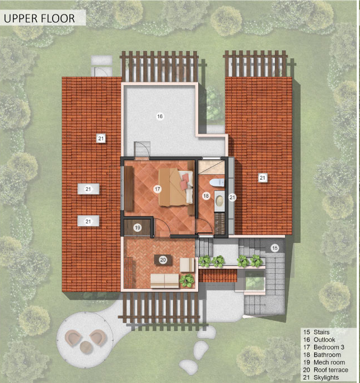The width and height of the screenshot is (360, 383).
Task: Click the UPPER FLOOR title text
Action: [x=39, y=18]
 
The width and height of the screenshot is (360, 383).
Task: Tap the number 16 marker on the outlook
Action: [x=160, y=116]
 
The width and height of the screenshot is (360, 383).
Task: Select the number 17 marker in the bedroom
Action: [x=157, y=189]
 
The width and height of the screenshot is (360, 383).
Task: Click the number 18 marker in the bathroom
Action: [x=206, y=195]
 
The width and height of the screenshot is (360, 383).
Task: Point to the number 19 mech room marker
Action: [x=138, y=228]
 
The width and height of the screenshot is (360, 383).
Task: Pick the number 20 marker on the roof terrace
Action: [x=163, y=260]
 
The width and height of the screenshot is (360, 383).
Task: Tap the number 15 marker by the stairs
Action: [x=275, y=248]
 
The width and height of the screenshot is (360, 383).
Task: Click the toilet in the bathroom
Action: [x=217, y=183]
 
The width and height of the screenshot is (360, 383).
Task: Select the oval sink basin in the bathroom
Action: [x=219, y=200]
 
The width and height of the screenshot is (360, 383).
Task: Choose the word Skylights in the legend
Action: [x=326, y=377]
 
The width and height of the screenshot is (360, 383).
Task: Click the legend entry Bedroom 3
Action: [x=324, y=347]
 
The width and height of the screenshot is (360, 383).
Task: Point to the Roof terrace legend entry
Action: [x=326, y=370]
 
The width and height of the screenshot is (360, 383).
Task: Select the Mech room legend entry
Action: [x=324, y=362]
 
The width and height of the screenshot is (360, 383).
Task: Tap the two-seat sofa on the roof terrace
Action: [x=165, y=281]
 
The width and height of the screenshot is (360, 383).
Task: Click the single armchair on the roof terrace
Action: [x=187, y=265]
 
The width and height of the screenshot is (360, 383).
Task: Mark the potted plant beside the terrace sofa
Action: [x=187, y=281]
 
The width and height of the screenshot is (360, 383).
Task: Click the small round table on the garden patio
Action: [x=86, y=348]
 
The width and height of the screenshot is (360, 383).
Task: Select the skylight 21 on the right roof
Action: [x=263, y=178]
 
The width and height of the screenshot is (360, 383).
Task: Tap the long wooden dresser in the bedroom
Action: [x=129, y=188]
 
